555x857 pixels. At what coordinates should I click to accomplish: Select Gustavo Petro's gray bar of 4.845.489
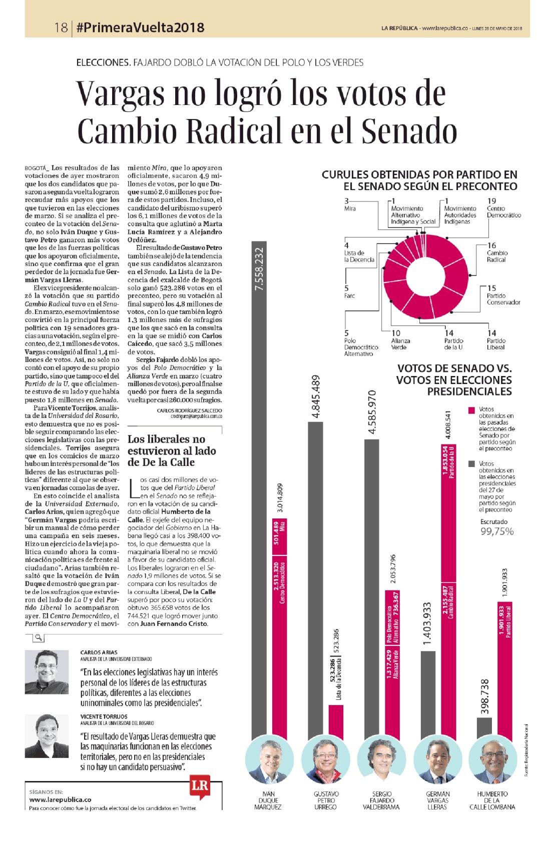click(x=315, y=582)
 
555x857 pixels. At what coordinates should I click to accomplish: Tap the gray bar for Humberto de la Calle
click(x=484, y=729)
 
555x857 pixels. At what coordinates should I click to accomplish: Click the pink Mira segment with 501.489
click(x=280, y=537)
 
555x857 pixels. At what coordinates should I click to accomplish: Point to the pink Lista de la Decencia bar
click(x=336, y=722)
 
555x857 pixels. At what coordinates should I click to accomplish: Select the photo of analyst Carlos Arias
click(x=47, y=672)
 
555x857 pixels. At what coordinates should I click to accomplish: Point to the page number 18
click(x=61, y=27)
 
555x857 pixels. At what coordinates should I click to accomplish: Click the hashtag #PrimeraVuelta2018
click(x=141, y=27)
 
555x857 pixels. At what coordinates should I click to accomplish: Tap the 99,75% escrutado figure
click(x=497, y=531)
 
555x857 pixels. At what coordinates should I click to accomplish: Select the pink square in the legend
click(x=472, y=410)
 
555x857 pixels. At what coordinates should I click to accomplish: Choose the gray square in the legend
click(x=472, y=464)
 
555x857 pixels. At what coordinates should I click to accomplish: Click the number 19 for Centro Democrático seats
click(x=491, y=201)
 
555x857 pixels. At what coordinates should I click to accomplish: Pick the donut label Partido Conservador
click(x=503, y=299)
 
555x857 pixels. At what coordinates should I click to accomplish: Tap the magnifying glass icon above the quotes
click(x=39, y=637)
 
